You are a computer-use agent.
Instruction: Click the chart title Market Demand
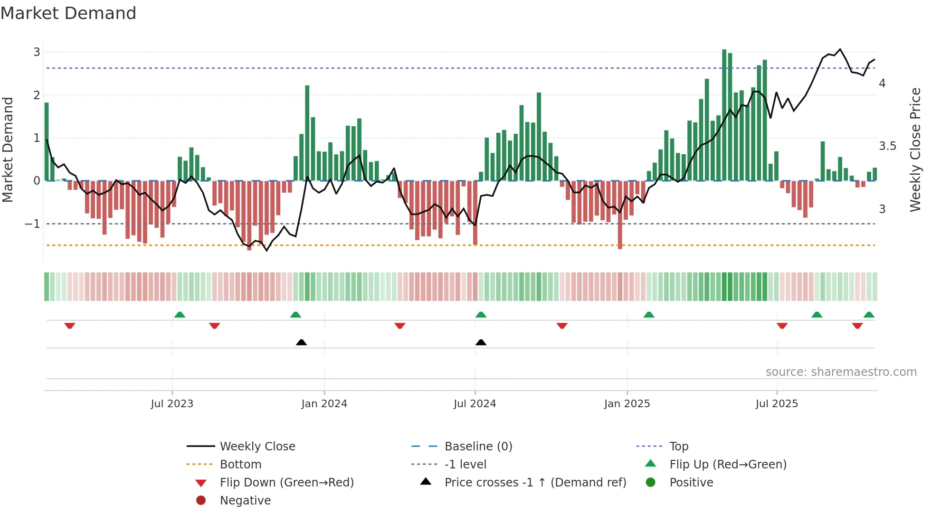click(x=68, y=13)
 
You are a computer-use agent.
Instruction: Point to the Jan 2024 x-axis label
click(x=324, y=404)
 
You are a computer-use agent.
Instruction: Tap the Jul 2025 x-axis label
click(x=777, y=404)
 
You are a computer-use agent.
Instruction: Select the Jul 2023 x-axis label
click(x=172, y=404)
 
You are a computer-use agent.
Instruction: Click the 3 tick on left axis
click(x=37, y=52)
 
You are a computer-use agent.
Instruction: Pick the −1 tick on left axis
click(x=33, y=224)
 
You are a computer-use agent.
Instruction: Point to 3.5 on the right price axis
click(x=887, y=146)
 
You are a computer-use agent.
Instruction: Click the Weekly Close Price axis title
click(x=915, y=149)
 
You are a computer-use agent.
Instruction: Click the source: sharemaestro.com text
click(x=841, y=372)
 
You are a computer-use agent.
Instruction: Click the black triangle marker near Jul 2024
click(x=481, y=342)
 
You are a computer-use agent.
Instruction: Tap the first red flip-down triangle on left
click(x=70, y=326)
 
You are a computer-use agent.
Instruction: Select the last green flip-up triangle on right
click(x=869, y=315)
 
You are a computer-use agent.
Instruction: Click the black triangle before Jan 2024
click(x=301, y=342)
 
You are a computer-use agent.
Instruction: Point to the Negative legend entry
click(x=245, y=501)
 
